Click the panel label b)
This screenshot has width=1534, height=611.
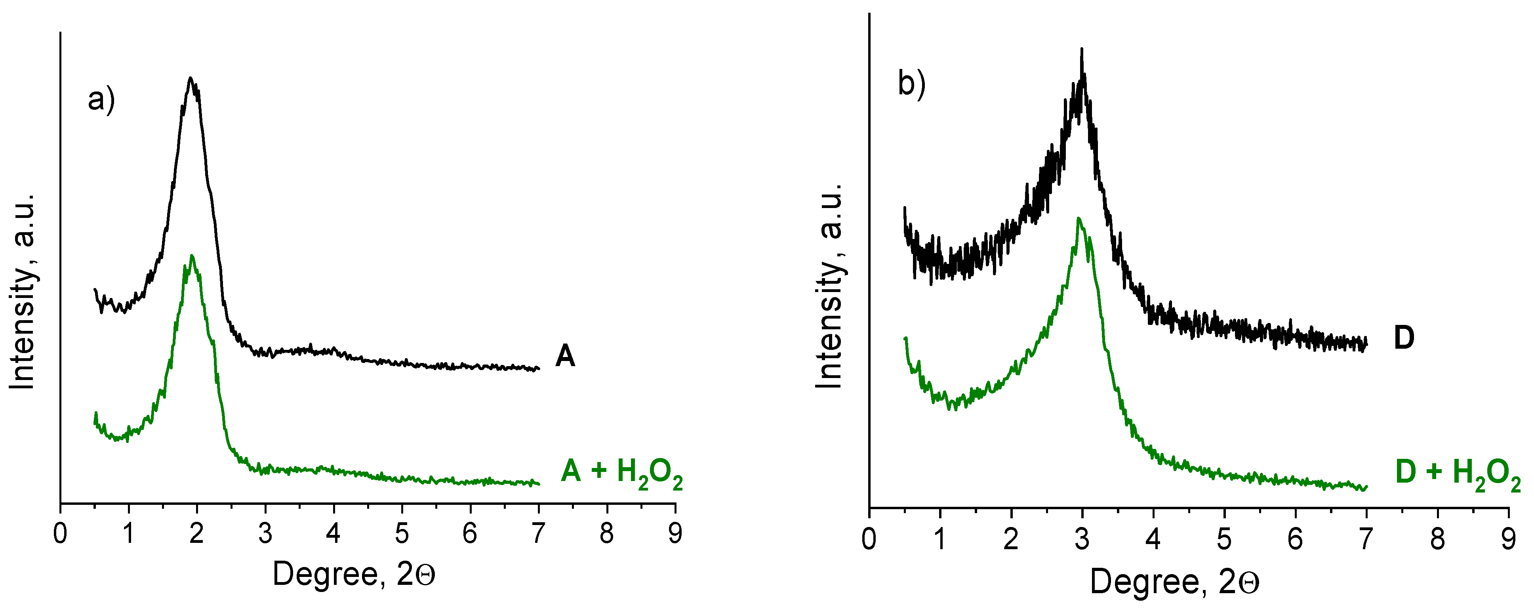point(911,83)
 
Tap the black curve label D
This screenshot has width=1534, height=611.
point(1404,338)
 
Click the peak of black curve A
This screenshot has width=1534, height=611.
point(190,78)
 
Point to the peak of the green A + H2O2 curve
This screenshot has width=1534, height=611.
point(192,256)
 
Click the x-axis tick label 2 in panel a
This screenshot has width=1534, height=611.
point(196,534)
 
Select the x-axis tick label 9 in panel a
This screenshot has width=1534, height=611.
point(675,534)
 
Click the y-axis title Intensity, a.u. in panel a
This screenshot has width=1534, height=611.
point(23,292)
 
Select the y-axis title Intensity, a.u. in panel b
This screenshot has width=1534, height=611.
point(829,286)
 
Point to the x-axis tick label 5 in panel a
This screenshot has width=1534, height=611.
point(402,534)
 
